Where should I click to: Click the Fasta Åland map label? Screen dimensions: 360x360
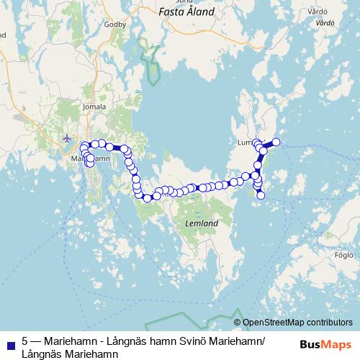186,12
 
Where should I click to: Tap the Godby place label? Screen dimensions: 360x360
116,24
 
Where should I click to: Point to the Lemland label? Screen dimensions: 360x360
202,224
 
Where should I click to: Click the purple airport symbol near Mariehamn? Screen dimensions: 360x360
68,138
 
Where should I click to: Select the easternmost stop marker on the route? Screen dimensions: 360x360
276,142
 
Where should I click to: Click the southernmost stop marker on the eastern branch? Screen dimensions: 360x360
261,195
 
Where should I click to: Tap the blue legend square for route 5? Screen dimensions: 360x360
9,343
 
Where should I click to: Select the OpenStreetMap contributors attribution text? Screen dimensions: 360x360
297,323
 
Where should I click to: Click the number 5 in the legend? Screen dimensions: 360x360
25,341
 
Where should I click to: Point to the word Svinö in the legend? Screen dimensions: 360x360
187,341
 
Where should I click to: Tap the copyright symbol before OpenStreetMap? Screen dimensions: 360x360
237,323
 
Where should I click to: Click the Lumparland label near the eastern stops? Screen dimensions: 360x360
247,143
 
